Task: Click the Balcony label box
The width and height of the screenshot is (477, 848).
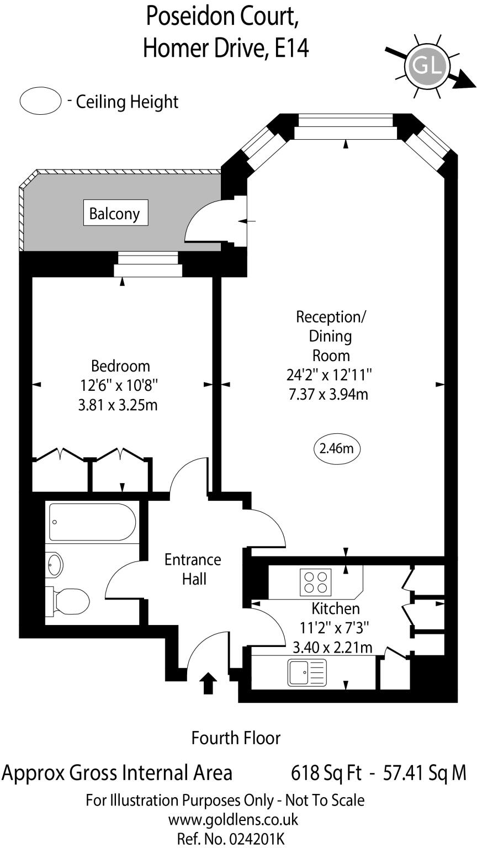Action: click(115, 213)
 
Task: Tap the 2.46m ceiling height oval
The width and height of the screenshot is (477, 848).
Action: click(336, 448)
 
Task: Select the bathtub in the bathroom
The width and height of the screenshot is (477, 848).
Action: click(92, 522)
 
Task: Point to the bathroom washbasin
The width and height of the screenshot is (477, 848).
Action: click(56, 564)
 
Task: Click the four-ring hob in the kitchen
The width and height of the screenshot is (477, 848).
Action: click(315, 582)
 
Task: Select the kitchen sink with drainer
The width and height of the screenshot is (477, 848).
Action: click(307, 672)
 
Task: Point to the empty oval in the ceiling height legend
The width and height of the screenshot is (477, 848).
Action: click(40, 101)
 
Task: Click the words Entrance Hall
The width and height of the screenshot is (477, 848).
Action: click(193, 569)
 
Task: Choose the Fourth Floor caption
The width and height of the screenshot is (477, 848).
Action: click(236, 738)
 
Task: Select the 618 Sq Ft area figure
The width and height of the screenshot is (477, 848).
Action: click(326, 772)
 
